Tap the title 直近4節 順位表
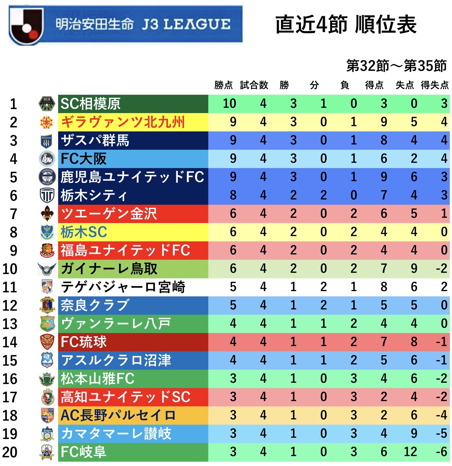coord(346,25)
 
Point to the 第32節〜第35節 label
coord(396,66)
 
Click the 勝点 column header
coord(224,85)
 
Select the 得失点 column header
coord(435,85)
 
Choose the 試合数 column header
coord(254,85)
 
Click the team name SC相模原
coord(90,104)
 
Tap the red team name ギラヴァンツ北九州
coord(123,122)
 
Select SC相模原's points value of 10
coord(229,104)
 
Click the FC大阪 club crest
coord(47,159)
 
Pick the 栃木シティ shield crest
coord(47,195)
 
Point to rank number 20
coord(10,452)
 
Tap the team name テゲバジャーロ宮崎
coord(123,287)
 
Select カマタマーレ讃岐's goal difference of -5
coord(441,434)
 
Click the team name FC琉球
coord(84,342)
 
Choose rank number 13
coord(10,324)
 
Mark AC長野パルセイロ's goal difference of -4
coord(441,415)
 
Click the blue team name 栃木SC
coord(84,232)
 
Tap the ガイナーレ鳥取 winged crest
coord(47,269)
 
